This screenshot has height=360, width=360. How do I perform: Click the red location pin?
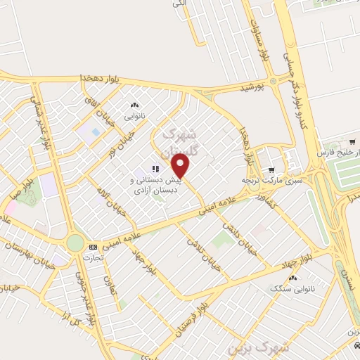(181, 167)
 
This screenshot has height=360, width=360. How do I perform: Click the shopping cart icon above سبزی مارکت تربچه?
(271, 169)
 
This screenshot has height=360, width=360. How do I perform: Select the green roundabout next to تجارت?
(75, 243)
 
